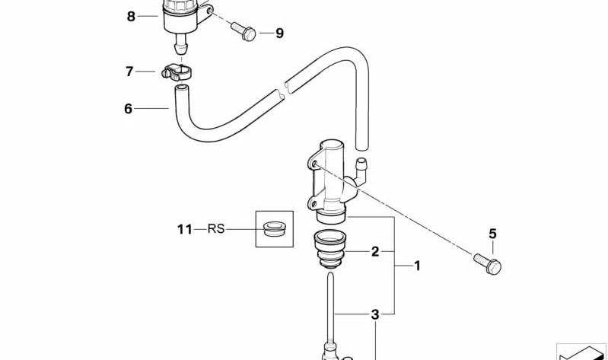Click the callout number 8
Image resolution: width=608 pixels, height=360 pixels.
point(131,17)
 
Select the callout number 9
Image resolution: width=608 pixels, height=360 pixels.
point(279,33)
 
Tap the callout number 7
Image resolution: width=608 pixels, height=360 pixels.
point(129,72)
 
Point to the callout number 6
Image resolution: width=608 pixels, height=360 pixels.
point(129,109)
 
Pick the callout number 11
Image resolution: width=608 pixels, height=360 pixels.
point(185,229)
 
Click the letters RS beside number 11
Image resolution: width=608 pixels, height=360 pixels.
point(216,229)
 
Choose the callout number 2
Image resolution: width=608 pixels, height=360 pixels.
point(375,251)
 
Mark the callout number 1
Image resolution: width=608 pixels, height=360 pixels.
point(417,266)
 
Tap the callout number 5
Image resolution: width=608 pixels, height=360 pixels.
point(492,234)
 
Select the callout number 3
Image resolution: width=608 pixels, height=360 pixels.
point(375,314)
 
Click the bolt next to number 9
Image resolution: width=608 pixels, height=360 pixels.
point(243,31)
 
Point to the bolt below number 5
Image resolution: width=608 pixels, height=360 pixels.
point(488,264)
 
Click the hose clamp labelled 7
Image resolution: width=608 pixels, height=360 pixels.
point(177,72)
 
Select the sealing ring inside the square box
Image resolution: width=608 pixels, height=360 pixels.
point(274,228)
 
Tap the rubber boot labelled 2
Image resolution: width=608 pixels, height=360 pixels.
point(329,249)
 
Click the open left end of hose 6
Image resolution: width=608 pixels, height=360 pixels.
point(181,88)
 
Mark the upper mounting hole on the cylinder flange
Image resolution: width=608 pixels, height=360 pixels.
point(314,164)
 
